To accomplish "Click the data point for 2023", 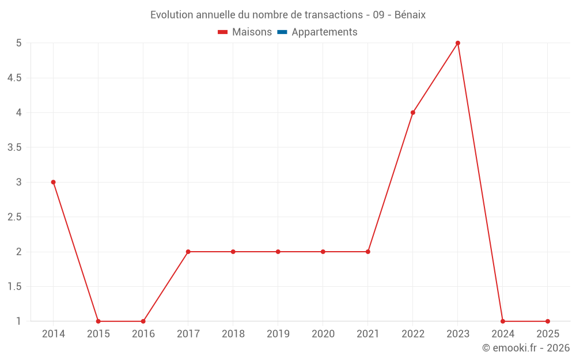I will (x=458, y=43).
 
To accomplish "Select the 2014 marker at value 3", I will (x=54, y=182).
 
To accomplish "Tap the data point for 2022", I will (x=413, y=113).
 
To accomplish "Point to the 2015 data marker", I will (x=98, y=321).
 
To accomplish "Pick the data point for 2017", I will (x=188, y=252).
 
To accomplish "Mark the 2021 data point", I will (x=368, y=252).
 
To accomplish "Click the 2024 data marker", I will (x=503, y=321).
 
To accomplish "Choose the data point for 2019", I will (x=278, y=252).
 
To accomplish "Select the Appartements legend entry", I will (x=324, y=32).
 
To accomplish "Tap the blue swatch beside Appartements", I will (x=282, y=32).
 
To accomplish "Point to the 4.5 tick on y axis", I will (x=14, y=78).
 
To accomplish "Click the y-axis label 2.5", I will (x=14, y=217).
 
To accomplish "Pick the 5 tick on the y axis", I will (x=18, y=43).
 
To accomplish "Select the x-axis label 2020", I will (x=323, y=334).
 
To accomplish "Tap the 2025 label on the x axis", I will (x=548, y=334).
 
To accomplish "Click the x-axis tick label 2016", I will (x=143, y=334).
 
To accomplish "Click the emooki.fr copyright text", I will (x=525, y=348).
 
